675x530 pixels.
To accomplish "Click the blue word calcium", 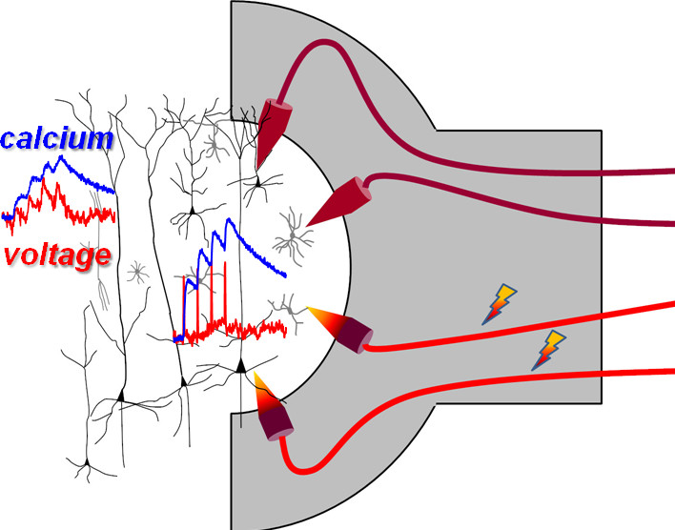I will pos(57,139).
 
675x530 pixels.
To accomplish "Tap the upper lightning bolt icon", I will pos(501,302).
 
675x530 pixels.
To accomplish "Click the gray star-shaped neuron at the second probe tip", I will pos(293,230).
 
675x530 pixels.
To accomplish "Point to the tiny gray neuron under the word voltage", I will pos(138,275).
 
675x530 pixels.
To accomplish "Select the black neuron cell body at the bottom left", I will pos(86,464).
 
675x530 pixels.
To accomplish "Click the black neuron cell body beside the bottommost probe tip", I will pos(241,365).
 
